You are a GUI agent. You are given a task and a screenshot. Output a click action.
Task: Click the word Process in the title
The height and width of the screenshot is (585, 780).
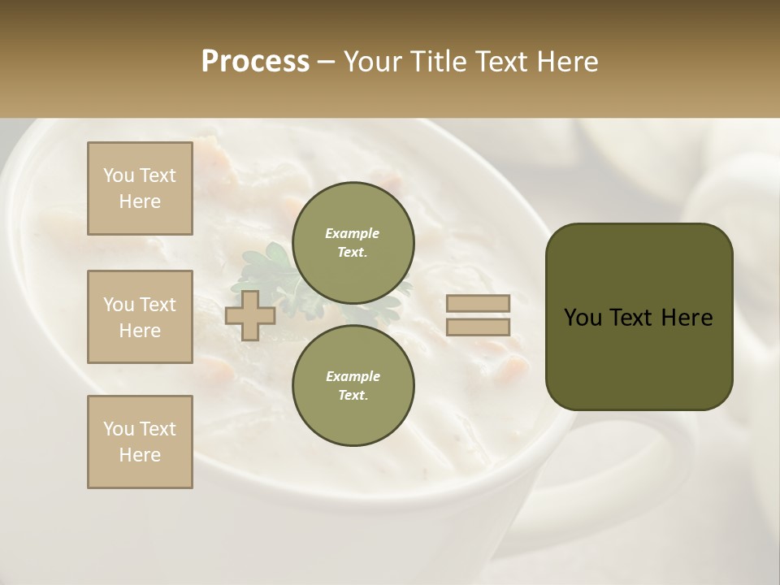coord(255,62)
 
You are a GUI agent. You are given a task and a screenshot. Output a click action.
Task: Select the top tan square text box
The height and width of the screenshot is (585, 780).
coord(140,188)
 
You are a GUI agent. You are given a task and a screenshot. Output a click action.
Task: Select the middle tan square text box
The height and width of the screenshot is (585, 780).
coord(140,317)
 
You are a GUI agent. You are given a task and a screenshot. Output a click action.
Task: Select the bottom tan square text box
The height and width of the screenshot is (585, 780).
coord(140,442)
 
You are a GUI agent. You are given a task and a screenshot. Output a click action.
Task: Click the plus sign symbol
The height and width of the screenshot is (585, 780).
coord(250,315)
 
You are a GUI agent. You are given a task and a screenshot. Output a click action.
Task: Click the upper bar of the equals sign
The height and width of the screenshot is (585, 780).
coord(479,303)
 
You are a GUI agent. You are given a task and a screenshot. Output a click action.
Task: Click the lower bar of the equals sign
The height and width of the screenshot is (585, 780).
coord(479,327)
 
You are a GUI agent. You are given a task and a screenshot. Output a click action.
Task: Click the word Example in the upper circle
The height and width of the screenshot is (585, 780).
coord(353,233)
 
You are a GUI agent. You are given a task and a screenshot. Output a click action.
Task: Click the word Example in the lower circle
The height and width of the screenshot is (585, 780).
coord(353,376)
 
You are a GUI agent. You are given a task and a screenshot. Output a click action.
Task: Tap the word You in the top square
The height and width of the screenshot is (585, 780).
coord(118,175)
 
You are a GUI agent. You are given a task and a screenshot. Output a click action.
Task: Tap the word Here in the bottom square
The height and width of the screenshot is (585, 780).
coord(140,455)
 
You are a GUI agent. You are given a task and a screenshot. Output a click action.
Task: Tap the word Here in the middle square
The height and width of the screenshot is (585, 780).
coord(140,331)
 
